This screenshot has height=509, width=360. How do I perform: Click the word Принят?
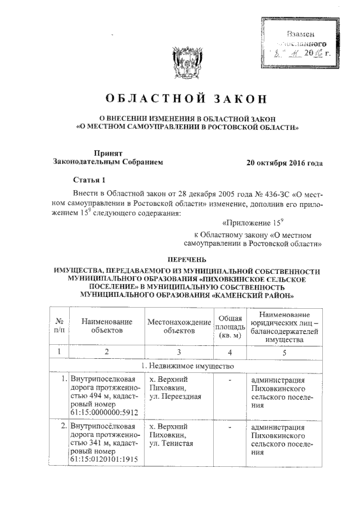(108, 152)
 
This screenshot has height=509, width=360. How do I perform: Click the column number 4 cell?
(229, 352)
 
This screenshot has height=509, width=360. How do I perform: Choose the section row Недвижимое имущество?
(186, 366)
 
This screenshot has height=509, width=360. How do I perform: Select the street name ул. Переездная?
(175, 398)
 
